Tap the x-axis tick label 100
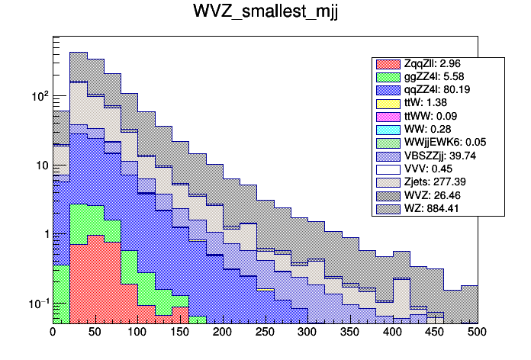point(137,332)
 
